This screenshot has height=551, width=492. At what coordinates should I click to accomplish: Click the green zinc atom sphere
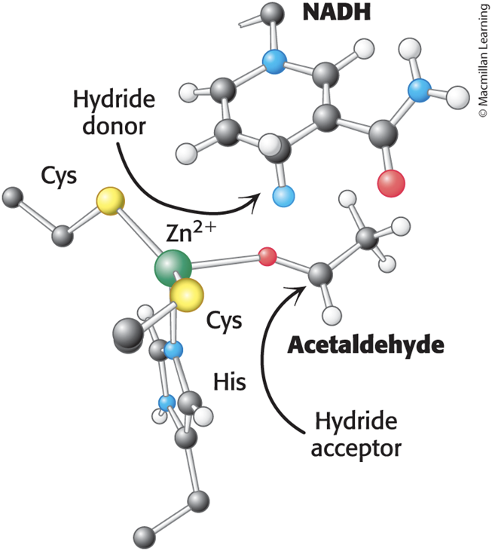pyautogui.click(x=173, y=268)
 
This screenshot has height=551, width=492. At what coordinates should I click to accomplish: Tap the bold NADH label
pyautogui.click(x=337, y=12)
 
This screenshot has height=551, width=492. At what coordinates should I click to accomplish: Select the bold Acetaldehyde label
pyautogui.click(x=365, y=346)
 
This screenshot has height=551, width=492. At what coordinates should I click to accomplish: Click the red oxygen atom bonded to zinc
pyautogui.click(x=267, y=256)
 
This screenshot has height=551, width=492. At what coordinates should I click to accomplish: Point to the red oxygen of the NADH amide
pyautogui.click(x=391, y=183)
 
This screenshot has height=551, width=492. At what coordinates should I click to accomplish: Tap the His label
pyautogui.click(x=230, y=382)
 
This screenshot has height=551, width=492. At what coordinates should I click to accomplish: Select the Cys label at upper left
pyautogui.click(x=59, y=176)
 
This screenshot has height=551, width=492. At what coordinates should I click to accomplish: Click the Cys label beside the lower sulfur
pyautogui.click(x=224, y=321)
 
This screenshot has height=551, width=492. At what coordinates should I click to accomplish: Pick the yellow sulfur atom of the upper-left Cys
pyautogui.click(x=110, y=201)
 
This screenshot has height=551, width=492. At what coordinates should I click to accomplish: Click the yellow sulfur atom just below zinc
pyautogui.click(x=186, y=295)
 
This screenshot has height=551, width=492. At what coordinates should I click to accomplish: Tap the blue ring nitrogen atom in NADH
pyautogui.click(x=274, y=62)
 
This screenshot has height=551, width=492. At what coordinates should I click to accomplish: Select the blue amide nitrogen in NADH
pyautogui.click(x=420, y=90)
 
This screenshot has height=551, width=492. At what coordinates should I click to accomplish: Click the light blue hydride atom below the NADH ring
pyautogui.click(x=283, y=197)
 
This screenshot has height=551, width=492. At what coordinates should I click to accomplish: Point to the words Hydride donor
pyautogui.click(x=114, y=113)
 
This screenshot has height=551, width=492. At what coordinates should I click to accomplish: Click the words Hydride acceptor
pyautogui.click(x=356, y=435)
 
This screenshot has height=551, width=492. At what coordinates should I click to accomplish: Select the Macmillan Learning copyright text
pyautogui.click(x=483, y=60)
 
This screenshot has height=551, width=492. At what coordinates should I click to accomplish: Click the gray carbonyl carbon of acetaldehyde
pyautogui.click(x=320, y=274)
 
